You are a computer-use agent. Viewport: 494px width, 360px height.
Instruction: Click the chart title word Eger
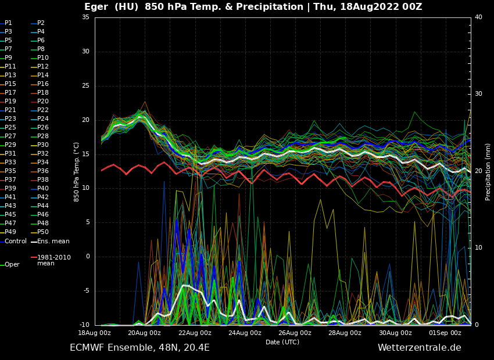coord(98,7)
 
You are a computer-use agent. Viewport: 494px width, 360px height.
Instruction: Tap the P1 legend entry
coord(8,23)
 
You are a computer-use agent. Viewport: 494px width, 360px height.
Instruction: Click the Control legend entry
coord(15,242)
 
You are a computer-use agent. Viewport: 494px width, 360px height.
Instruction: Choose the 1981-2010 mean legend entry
coord(53,260)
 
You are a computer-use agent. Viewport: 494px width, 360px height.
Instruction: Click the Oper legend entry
coord(12,265)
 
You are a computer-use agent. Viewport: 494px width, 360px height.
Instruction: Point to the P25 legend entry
coord(10,128)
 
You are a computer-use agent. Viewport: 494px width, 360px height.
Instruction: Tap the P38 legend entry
coord(43,180)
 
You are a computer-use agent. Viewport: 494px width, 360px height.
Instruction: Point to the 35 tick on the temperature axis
coord(85,17)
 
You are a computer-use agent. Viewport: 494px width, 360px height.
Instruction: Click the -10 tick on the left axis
coord(84,325)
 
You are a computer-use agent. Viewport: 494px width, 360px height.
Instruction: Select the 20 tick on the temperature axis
coord(85,120)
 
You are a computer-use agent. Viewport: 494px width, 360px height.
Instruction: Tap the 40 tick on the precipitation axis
coord(478,17)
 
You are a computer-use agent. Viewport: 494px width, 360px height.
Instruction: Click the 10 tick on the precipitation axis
coord(478,248)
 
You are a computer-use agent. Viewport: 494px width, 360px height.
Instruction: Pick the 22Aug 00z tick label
coord(195,333)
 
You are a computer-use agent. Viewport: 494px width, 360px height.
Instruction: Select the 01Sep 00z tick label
coord(445,333)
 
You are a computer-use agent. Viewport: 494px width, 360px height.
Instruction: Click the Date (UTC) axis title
coord(282,343)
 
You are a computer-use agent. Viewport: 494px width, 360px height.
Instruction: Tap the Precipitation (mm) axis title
coord(488,172)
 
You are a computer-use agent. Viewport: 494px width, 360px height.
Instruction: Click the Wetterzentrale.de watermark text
coord(419,348)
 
